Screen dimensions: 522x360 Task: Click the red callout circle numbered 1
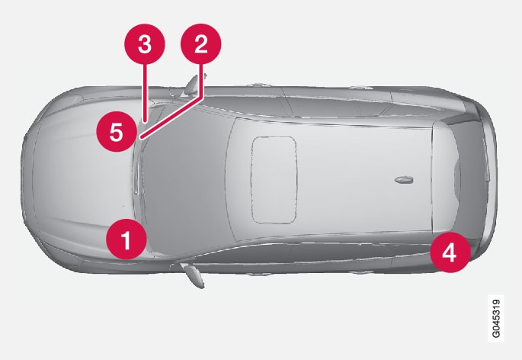point(126,239)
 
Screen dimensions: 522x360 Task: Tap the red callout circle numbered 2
point(200,43)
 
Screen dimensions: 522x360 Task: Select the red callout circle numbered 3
point(145,43)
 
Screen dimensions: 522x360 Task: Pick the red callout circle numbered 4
point(450,252)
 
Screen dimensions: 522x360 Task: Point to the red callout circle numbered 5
point(117,132)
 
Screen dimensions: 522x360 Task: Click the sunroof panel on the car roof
point(274,179)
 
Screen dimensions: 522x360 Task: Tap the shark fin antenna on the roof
point(404,180)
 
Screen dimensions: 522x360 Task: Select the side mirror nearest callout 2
point(193,85)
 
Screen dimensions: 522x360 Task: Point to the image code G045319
point(495,318)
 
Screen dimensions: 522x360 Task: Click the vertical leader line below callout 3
point(145,93)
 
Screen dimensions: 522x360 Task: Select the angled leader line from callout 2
point(171,117)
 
